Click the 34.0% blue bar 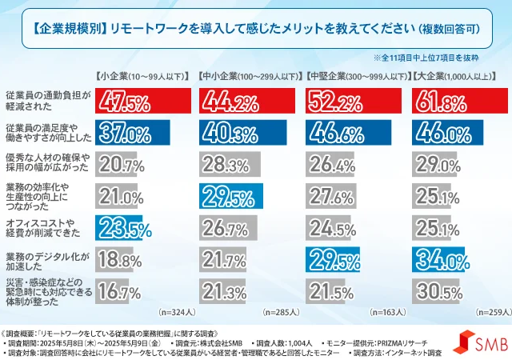click(438, 260)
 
